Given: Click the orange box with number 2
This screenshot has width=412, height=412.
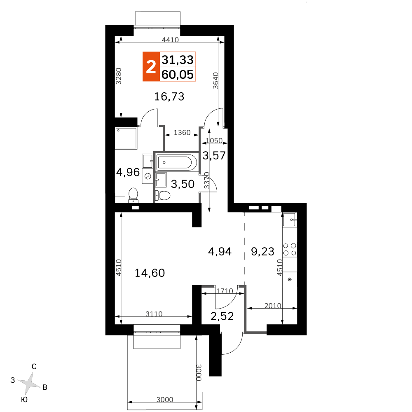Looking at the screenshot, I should tap(151, 66).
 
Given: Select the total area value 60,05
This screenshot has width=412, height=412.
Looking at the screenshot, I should tap(178, 74).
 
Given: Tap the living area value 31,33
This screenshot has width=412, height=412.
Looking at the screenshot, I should tap(178, 60).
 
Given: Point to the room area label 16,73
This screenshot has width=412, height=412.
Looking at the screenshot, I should tap(169, 97).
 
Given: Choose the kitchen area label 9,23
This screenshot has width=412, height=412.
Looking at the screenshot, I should tap(262, 251).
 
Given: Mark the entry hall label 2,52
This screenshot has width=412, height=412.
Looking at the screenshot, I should tap(222, 316).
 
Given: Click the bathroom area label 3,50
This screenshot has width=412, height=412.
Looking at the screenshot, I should tap(183, 184).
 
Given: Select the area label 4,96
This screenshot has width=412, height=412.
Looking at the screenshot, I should tap(128, 172).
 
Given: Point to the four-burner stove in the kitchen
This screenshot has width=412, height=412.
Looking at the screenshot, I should tap(290, 249).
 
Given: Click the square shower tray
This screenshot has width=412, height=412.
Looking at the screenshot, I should tap(126, 138).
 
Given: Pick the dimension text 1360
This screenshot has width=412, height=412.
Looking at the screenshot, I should tap(182, 133).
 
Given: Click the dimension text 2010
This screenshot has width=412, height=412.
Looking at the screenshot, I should tap(272, 306).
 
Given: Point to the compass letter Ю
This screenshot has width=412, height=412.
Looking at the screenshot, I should tap(24, 400).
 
